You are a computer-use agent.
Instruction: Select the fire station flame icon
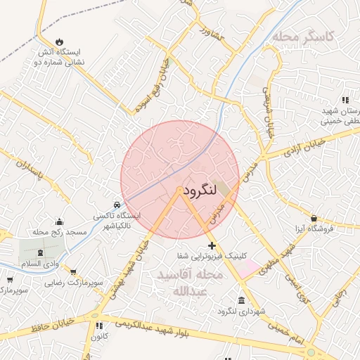pos(59,41)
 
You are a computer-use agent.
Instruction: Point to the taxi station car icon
pos(117,205)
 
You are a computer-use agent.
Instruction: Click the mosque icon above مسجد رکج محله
pos(59,221)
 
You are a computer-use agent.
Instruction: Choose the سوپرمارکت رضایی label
pos(74,283)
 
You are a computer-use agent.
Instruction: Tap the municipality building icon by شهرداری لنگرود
pos(241,301)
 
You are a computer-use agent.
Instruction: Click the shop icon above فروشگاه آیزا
pos(313,219)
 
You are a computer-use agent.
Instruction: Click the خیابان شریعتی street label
pos(268,112)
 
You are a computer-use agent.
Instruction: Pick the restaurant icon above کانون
pos(98,326)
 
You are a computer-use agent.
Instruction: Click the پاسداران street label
pos(30,169)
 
